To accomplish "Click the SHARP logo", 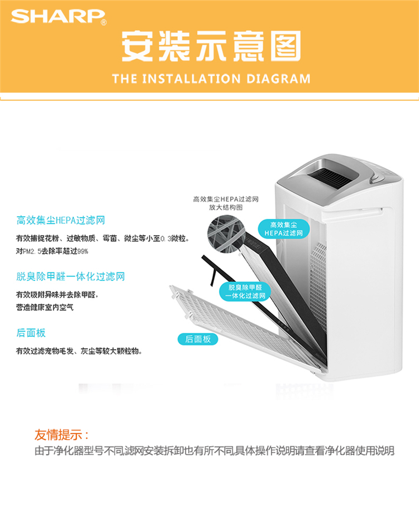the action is [59, 17].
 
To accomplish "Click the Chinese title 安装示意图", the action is [212, 46].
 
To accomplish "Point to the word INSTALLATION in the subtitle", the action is [191, 79].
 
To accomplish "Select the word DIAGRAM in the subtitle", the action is [278, 79].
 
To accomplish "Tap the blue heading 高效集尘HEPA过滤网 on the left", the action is [61, 220].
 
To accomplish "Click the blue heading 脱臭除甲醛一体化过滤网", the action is [70, 276].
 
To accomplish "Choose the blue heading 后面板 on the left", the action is [31, 333].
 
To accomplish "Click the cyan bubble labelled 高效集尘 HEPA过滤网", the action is [284, 229].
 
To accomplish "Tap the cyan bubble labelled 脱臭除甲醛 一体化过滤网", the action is [245, 291].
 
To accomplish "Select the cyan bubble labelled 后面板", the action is [198, 339].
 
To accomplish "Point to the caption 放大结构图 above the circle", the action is [226, 207].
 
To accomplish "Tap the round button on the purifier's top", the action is [375, 179].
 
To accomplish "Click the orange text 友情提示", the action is [61, 434].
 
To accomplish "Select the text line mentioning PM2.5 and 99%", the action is [52, 251].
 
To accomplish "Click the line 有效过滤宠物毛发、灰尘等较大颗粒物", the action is [79, 351].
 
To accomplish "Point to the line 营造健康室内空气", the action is [45, 307].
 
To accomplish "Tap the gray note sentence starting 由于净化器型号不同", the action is [215, 451].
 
